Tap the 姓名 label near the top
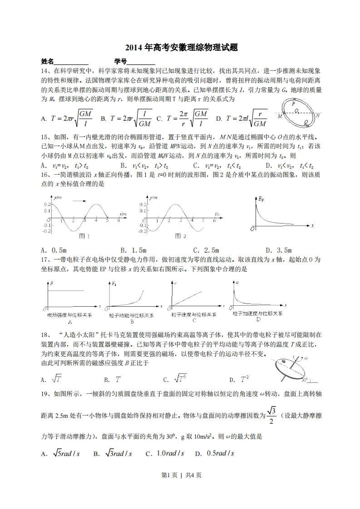[x=47, y=61]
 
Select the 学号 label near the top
[x=120, y=61]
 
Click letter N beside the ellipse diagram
[x=318, y=115]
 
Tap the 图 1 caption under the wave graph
[x=84, y=236]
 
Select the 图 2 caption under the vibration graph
[x=181, y=236]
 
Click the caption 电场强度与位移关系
[x=69, y=314]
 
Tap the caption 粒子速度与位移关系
[x=194, y=314]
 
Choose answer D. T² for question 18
[x=239, y=379]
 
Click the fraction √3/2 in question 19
[x=271, y=415]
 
